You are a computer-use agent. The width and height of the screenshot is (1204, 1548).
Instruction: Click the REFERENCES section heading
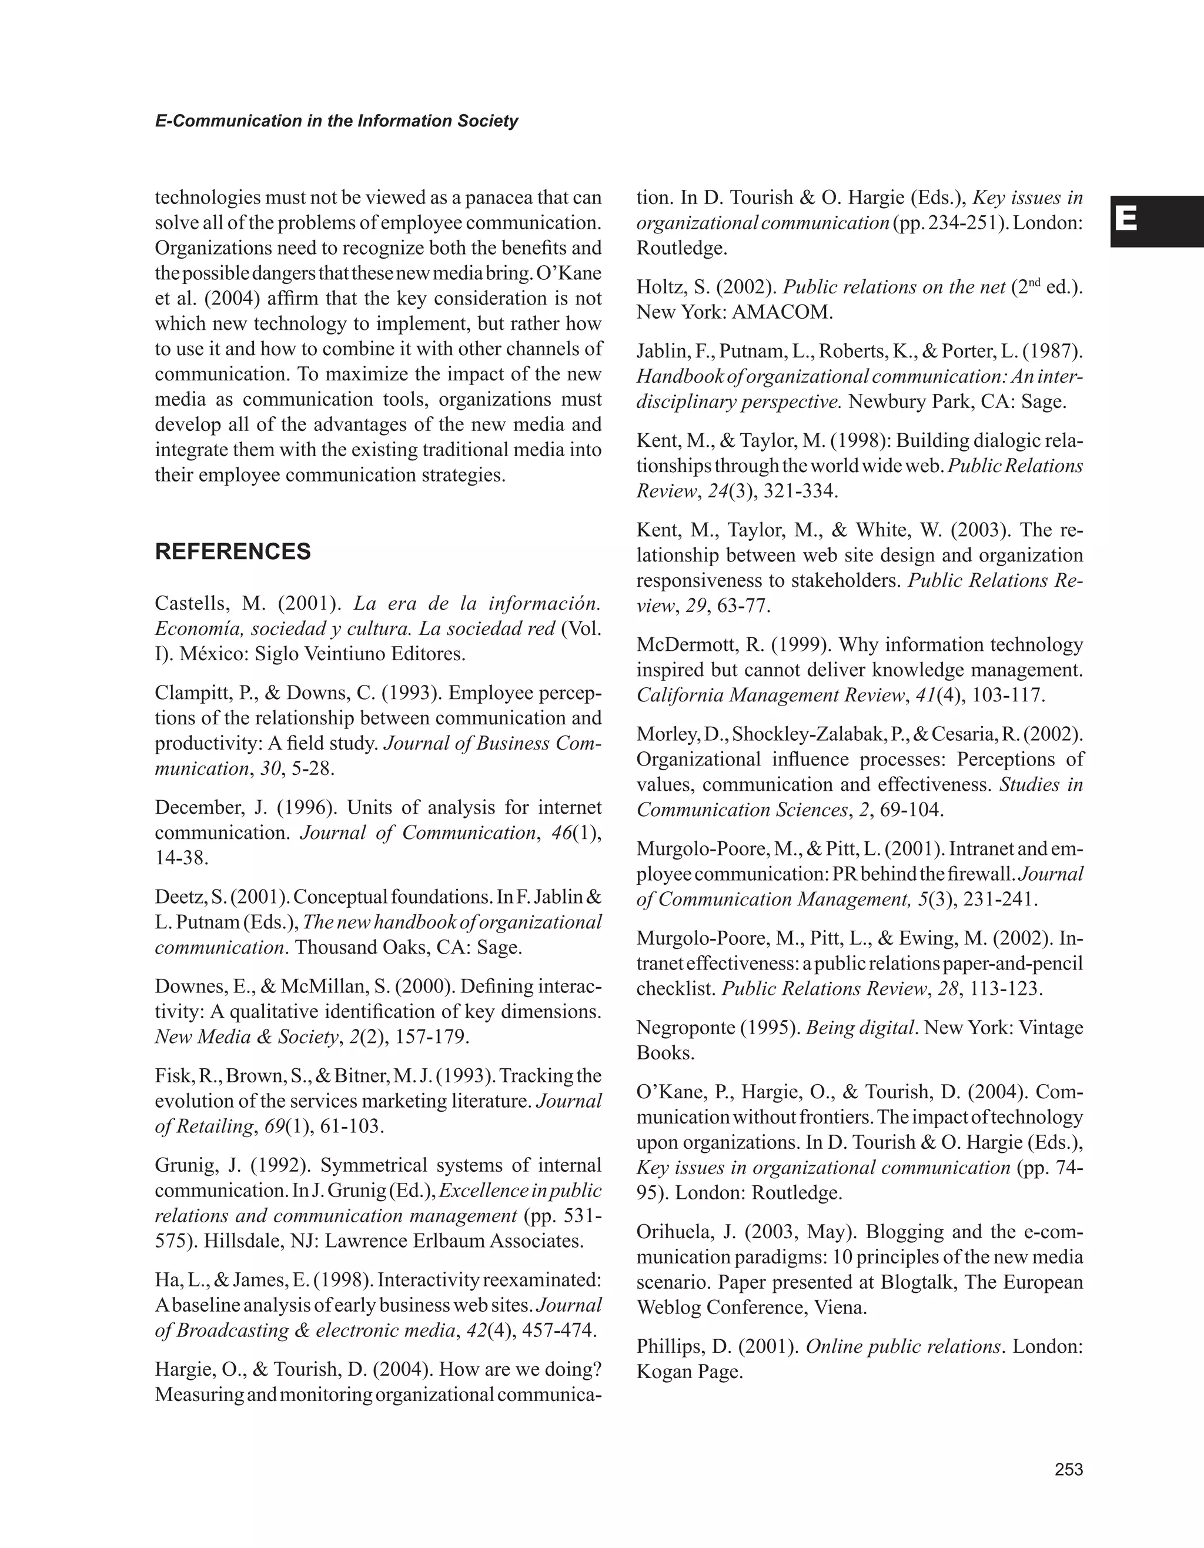(x=232, y=551)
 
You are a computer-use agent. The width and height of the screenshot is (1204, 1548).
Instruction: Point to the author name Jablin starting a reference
(x=661, y=351)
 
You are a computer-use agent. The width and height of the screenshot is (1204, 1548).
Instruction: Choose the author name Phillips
(x=669, y=1346)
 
